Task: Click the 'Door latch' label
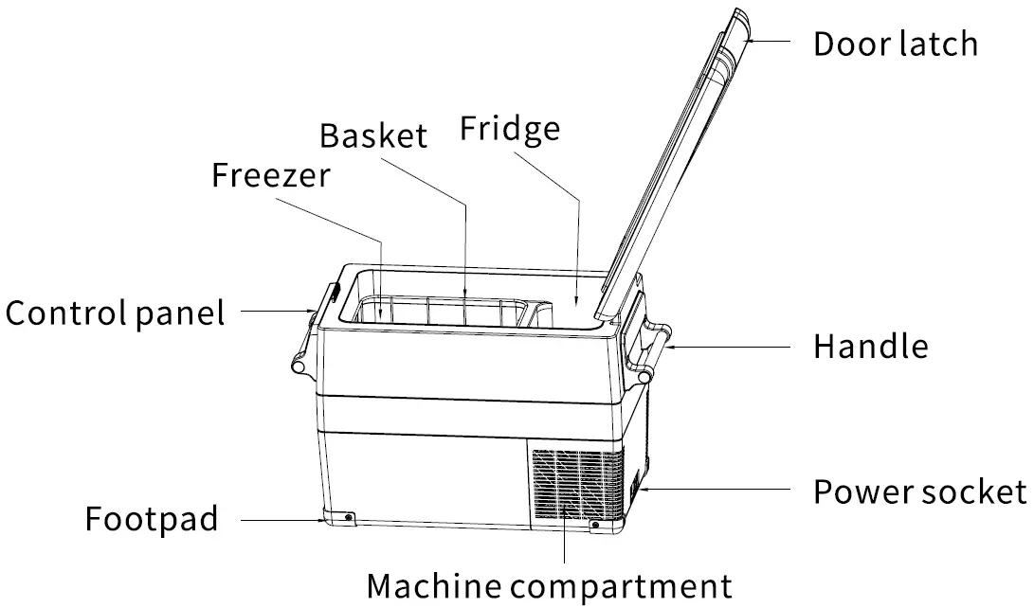(x=895, y=44)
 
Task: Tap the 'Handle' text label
(x=870, y=347)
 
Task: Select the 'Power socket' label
(x=919, y=492)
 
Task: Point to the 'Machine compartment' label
(x=550, y=585)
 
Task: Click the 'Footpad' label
(x=152, y=519)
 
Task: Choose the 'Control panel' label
(x=116, y=312)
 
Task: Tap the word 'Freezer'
(x=271, y=175)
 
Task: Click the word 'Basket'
(x=373, y=134)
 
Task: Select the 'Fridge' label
(x=510, y=129)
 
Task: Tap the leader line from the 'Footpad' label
(x=280, y=519)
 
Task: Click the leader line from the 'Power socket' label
(x=720, y=491)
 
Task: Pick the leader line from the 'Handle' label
(x=730, y=347)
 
